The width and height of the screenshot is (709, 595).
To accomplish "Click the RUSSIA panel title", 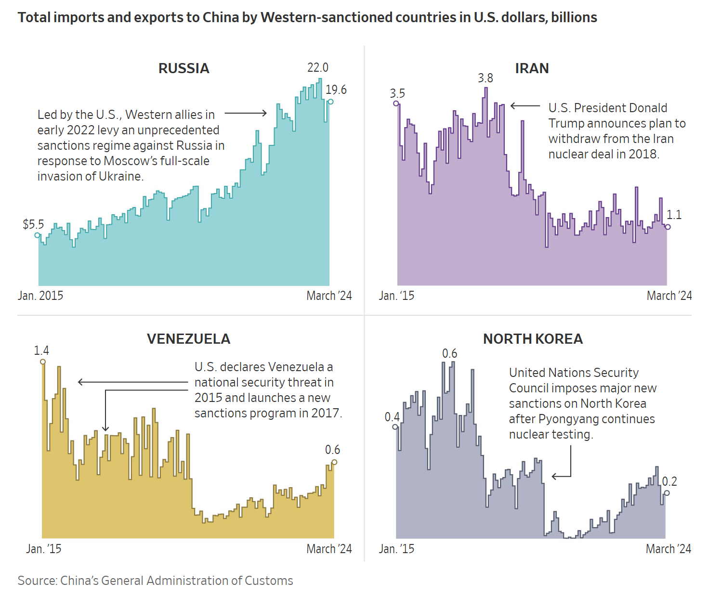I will [x=184, y=68].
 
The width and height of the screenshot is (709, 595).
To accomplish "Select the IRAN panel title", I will [x=532, y=68].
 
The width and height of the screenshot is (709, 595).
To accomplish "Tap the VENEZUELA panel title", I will [x=188, y=339].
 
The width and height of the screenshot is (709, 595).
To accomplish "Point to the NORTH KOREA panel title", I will [x=533, y=339].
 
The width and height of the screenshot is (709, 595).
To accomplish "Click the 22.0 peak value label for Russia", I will [x=318, y=67].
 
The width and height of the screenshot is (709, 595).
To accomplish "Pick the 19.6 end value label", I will [x=336, y=90].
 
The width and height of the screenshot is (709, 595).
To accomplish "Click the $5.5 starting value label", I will [x=33, y=224].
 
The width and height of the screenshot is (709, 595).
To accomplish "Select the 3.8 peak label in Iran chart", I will [x=486, y=78].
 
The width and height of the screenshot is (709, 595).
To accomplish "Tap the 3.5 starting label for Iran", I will [x=397, y=93].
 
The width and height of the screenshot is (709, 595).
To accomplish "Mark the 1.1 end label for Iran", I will [x=674, y=215].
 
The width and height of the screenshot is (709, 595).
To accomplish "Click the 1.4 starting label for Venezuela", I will [x=41, y=350].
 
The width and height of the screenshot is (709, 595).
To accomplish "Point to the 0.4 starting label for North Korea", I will [x=392, y=417].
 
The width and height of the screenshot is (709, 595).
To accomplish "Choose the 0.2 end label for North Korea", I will [x=670, y=481].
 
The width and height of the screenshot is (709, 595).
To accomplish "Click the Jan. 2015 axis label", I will [x=40, y=296].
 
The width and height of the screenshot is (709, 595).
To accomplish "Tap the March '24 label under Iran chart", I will [x=669, y=296].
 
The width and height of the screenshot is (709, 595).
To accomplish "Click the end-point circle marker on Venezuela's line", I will [x=334, y=462].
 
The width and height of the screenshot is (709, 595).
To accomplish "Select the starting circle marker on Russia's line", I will [x=37, y=235].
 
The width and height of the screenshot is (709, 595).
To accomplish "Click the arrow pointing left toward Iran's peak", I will [x=525, y=106].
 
